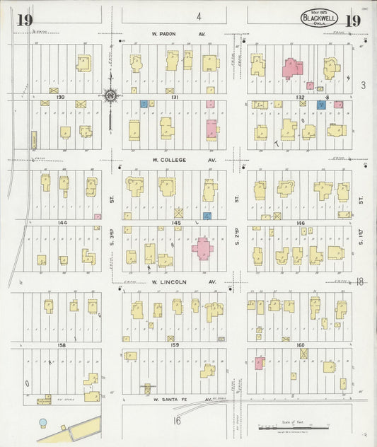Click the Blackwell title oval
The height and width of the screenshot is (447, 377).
coord(319,18)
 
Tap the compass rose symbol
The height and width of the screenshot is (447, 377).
coord(110,94)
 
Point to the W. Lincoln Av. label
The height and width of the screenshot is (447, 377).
coord(172,281)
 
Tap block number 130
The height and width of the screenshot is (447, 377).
coord(61,97)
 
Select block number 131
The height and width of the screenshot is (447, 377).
coord(176,97)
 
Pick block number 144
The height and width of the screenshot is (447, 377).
coord(62,223)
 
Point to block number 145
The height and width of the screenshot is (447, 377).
coord(176,223)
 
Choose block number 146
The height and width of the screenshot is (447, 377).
coord(301,223)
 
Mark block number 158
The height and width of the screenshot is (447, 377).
coord(62,344)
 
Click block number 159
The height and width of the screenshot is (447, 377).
coord(175,344)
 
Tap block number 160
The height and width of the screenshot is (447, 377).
coord(301,344)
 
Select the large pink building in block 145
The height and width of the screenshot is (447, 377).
coord(202,248)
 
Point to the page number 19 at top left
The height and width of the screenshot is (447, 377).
coord(23,19)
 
